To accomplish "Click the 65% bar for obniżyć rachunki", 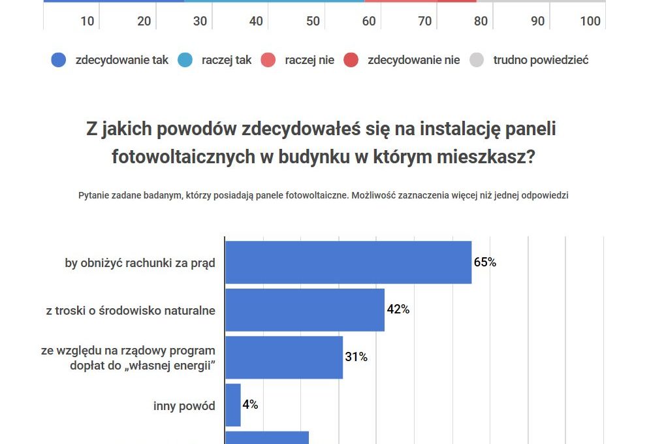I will coord(348,262).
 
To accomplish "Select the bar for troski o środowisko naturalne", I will coord(304,309).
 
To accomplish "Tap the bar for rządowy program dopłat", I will coord(283,357).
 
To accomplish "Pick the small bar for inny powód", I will coord(233,405).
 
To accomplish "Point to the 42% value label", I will coord(398,309).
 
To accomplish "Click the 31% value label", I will coord(356,357).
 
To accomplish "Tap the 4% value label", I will coord(250,405).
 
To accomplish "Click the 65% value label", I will coord(485,262).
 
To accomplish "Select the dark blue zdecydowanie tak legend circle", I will coord(59,60).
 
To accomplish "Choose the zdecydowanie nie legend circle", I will coord(351,60).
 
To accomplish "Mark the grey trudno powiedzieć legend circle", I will coord(477,60).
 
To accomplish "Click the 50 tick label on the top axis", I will coord(313,22).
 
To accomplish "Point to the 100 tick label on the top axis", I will coord(590,22).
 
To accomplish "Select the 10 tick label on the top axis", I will coord(87,22).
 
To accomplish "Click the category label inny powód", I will coord(184,406).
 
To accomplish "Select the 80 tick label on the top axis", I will coord(481,22).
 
